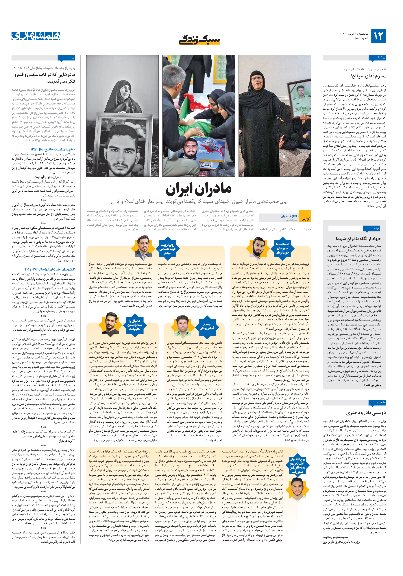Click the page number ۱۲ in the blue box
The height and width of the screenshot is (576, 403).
pyautogui.click(x=378, y=36)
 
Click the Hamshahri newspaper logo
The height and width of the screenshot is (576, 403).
pyautogui.click(x=36, y=36)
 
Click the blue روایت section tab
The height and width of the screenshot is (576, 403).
pyautogui.click(x=66, y=58)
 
